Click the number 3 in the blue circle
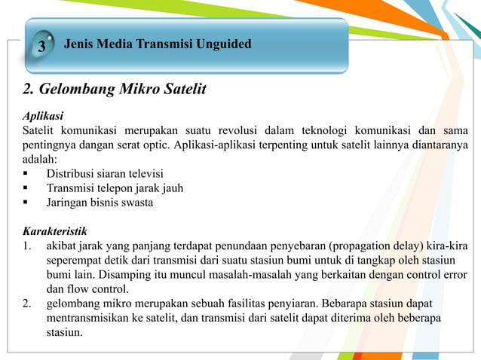coord(42,47)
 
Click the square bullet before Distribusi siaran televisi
coord(27,173)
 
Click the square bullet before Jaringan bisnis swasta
coord(27,202)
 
